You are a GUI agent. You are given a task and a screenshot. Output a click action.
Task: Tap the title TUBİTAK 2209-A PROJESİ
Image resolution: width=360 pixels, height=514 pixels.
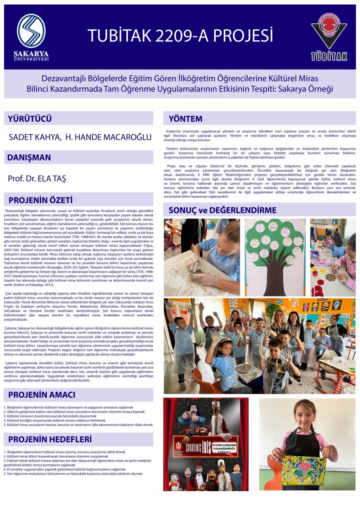[180, 36]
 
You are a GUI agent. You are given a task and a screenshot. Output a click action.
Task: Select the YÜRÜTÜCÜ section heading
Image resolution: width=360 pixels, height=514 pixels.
[30, 118]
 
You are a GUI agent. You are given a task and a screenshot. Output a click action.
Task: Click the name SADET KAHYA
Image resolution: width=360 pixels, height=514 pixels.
[34, 137]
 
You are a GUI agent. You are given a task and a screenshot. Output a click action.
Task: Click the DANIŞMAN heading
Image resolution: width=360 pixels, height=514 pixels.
[29, 157]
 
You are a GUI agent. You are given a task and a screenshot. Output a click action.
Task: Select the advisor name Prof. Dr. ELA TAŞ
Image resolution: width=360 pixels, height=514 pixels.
[37, 179]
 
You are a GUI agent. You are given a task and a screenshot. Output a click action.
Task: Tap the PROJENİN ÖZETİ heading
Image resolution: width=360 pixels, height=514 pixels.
[41, 200]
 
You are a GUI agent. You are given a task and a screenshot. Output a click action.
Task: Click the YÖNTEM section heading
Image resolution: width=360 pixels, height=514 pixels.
[186, 119]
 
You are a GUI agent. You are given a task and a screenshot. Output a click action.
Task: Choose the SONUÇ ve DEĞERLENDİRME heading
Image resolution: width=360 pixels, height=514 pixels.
[222, 210]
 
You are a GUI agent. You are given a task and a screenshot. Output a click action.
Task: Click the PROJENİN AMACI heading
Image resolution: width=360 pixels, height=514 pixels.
[42, 395]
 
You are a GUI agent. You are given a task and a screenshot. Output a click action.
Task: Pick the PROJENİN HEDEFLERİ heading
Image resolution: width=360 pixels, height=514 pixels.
[50, 439]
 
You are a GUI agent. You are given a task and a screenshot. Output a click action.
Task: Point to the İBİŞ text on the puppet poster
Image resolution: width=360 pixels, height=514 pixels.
[206, 449]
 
